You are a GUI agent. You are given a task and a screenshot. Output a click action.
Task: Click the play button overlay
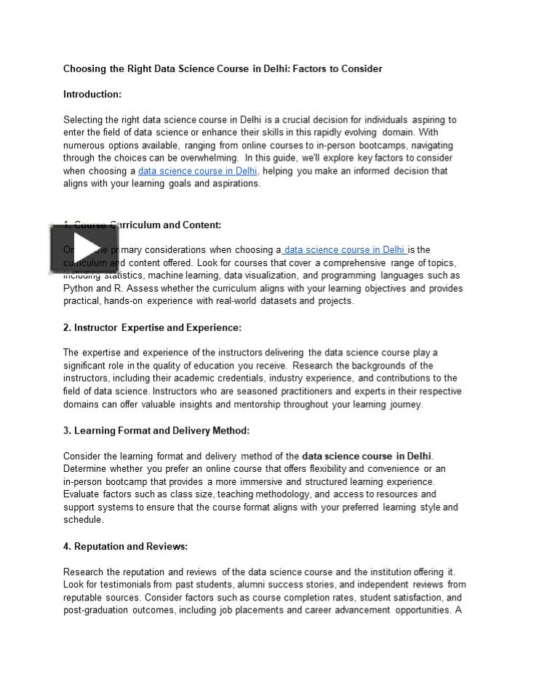(x=84, y=248)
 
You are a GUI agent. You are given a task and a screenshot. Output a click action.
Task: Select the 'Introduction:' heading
(x=92, y=95)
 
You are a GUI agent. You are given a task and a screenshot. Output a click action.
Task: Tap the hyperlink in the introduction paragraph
(x=197, y=171)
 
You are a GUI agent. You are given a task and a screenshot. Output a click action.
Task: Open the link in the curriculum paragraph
(x=344, y=249)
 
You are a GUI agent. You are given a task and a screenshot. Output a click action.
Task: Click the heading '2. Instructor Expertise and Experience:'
(x=152, y=328)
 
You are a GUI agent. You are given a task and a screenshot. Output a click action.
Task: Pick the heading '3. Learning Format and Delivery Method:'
(x=156, y=430)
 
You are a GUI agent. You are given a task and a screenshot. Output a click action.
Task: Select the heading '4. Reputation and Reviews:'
(x=125, y=546)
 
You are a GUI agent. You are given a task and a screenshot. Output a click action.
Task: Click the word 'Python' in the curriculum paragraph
(x=77, y=288)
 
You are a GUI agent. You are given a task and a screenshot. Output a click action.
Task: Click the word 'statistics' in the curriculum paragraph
(x=124, y=276)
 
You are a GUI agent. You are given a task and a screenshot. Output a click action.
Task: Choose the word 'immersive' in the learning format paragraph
(x=262, y=481)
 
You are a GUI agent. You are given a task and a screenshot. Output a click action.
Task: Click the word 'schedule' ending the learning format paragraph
(x=82, y=520)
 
